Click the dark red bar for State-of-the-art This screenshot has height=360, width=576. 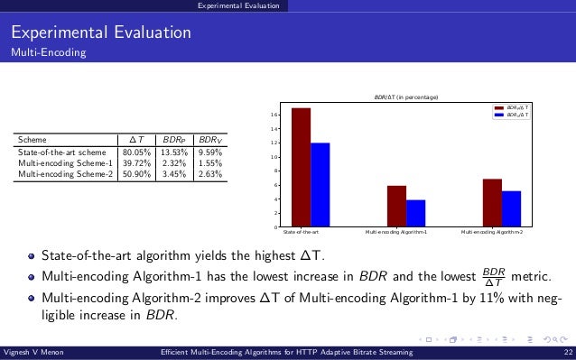pyautogui.click(x=302, y=167)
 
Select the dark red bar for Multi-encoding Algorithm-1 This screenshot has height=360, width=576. pyautogui.click(x=396, y=206)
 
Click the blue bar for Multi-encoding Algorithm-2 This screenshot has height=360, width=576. pyautogui.click(x=511, y=208)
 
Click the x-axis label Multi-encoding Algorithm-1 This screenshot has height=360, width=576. pyautogui.click(x=396, y=233)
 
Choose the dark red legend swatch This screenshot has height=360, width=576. pyautogui.click(x=498, y=107)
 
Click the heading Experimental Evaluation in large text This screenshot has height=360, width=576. pyautogui.click(x=100, y=33)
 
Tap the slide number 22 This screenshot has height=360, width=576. pyautogui.click(x=566, y=352)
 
